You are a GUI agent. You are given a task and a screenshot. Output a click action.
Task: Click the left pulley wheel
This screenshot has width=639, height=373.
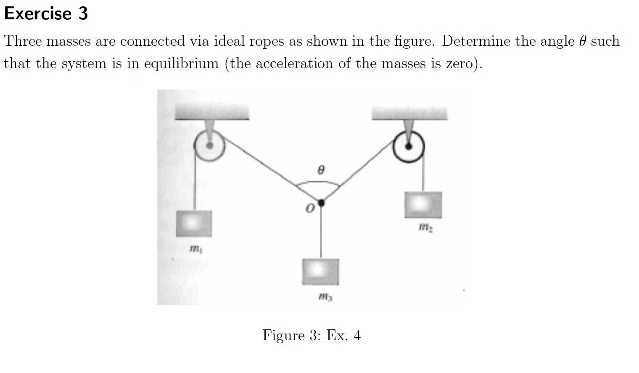point(209,146)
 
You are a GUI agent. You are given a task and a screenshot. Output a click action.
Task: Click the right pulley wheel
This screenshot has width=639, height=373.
point(408,147)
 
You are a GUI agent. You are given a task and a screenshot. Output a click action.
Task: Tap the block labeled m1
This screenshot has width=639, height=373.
point(193,223)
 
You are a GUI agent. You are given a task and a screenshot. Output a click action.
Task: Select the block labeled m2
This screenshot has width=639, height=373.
point(423,205)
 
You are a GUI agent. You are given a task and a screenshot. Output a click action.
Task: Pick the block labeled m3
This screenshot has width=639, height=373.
point(320,271)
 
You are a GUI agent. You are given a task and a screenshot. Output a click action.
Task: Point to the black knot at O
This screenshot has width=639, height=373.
point(321,203)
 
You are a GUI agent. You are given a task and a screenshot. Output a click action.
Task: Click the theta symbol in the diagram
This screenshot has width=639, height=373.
point(321,170)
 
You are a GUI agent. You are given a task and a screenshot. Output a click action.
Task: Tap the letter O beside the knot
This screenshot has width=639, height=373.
point(310,208)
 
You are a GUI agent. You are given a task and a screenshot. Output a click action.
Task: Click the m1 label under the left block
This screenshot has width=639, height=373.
point(195,249)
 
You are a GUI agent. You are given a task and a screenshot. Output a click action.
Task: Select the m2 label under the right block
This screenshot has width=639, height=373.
point(425,228)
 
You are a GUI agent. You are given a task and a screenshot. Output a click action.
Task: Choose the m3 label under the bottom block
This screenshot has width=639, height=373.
point(325,297)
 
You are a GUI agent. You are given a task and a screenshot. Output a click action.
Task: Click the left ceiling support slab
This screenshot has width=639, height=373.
point(211,113)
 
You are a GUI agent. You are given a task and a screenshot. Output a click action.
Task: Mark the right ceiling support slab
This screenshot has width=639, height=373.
point(409,113)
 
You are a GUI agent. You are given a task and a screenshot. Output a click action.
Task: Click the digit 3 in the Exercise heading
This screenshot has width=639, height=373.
point(83,13)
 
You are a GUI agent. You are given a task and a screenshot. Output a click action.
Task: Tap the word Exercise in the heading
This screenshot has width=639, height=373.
point(38,13)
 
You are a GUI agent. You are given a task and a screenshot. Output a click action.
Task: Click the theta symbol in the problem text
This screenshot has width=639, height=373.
point(582,41)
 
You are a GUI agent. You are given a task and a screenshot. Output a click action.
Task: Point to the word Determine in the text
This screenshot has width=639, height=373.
point(476,41)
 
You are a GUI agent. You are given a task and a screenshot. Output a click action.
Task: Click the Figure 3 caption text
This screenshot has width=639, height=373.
point(312,335)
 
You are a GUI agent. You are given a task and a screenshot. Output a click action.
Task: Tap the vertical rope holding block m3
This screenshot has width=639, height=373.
point(321,231)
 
